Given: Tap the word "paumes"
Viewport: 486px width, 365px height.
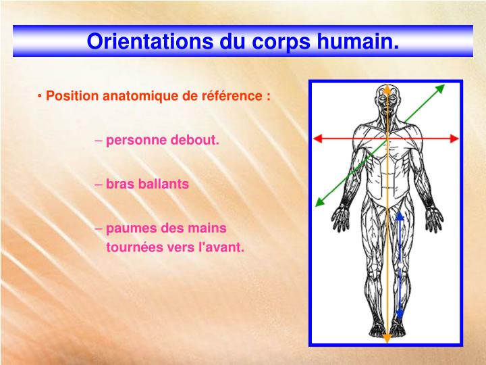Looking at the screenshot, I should [x=128, y=228].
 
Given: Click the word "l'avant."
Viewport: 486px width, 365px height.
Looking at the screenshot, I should [x=221, y=247].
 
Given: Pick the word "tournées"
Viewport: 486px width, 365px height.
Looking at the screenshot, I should [x=132, y=247].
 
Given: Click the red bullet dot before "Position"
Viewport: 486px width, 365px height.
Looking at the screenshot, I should [x=41, y=95].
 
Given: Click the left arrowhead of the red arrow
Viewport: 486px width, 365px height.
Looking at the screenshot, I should [x=318, y=138].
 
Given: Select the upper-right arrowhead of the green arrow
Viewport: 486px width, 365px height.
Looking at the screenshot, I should [x=441, y=88].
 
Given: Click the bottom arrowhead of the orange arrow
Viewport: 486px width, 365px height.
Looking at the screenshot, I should [x=387, y=337].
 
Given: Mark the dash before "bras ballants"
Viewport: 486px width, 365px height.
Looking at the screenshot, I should [x=99, y=184].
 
